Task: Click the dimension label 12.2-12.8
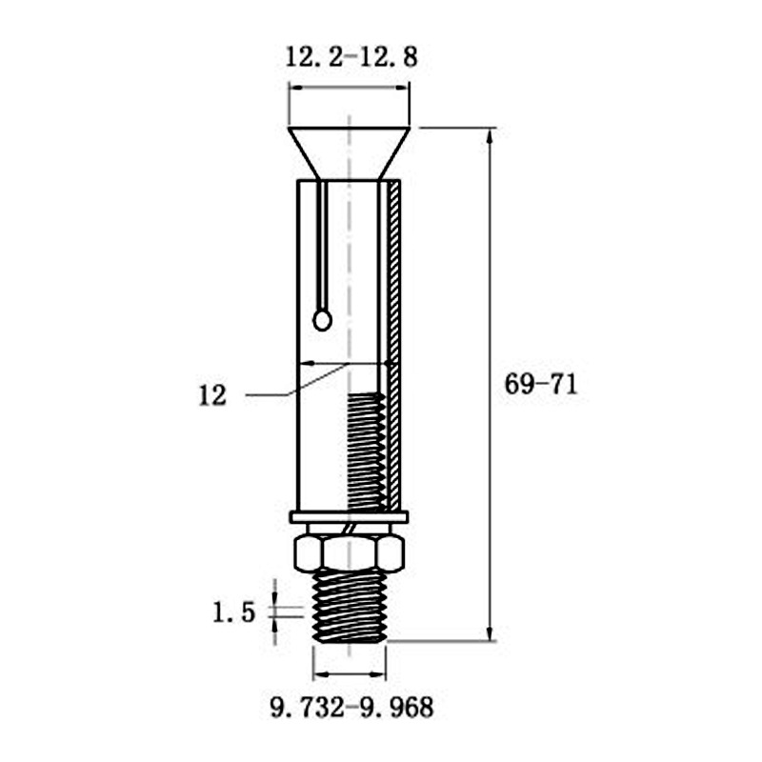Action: point(351,57)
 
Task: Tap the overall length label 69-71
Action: point(541,385)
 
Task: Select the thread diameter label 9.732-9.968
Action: point(351,708)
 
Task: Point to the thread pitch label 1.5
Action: point(233,612)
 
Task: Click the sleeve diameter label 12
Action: point(212,396)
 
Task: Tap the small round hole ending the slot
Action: point(322,321)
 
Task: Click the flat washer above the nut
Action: point(349,517)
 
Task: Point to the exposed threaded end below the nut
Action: point(350,607)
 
